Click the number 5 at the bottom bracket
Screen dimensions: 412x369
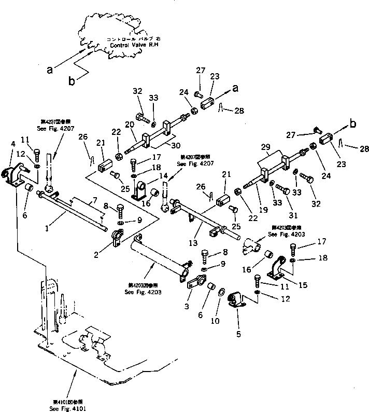[239, 334]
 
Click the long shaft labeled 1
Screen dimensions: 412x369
[73, 212]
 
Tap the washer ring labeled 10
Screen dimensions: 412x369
[221, 293]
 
